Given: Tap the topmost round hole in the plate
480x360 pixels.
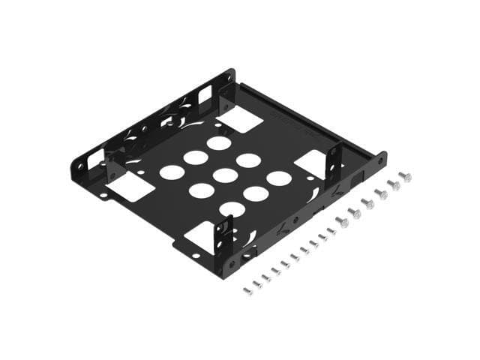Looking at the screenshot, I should [x=219, y=142].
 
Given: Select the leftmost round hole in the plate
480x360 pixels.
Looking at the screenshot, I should [x=171, y=172].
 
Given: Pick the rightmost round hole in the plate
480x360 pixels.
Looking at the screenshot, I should [x=279, y=178].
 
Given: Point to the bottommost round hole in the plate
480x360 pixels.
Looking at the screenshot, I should [x=231, y=210].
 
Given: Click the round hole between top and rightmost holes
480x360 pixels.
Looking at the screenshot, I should [x=247, y=160].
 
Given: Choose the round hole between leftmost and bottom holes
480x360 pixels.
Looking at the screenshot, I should [x=199, y=191].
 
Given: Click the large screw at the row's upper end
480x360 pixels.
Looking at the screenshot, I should [x=405, y=177].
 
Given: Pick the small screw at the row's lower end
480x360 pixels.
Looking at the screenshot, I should [x=247, y=289].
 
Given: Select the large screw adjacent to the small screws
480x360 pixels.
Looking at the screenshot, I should [x=341, y=221].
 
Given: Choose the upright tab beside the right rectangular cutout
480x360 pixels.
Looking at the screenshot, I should [x=335, y=162].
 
